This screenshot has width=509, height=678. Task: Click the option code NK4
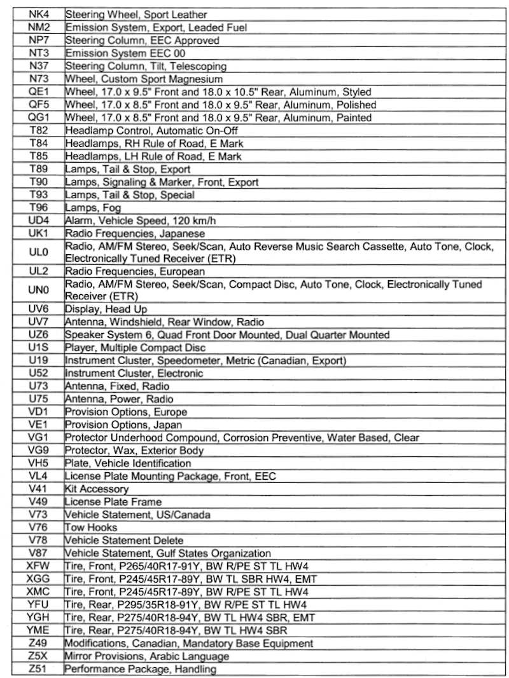click(x=38, y=15)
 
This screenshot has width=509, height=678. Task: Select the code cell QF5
click(x=38, y=105)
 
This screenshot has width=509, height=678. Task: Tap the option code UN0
click(x=38, y=290)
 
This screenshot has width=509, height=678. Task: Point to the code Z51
click(x=38, y=668)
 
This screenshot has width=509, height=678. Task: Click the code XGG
click(x=38, y=579)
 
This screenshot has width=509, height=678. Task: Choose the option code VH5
click(x=38, y=463)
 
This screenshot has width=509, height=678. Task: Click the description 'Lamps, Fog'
click(x=93, y=208)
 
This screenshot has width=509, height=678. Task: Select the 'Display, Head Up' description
click(x=106, y=309)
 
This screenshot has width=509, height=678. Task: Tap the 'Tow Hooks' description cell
click(x=91, y=527)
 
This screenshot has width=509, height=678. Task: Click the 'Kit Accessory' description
click(x=97, y=489)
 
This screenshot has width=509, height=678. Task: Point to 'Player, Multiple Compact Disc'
click(x=136, y=348)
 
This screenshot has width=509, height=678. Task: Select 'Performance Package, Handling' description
click(x=141, y=668)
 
